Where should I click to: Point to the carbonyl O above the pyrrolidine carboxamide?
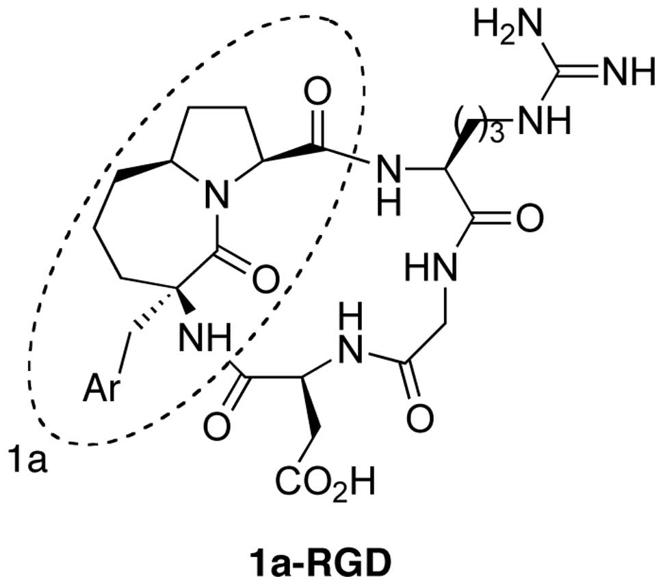click(318, 88)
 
